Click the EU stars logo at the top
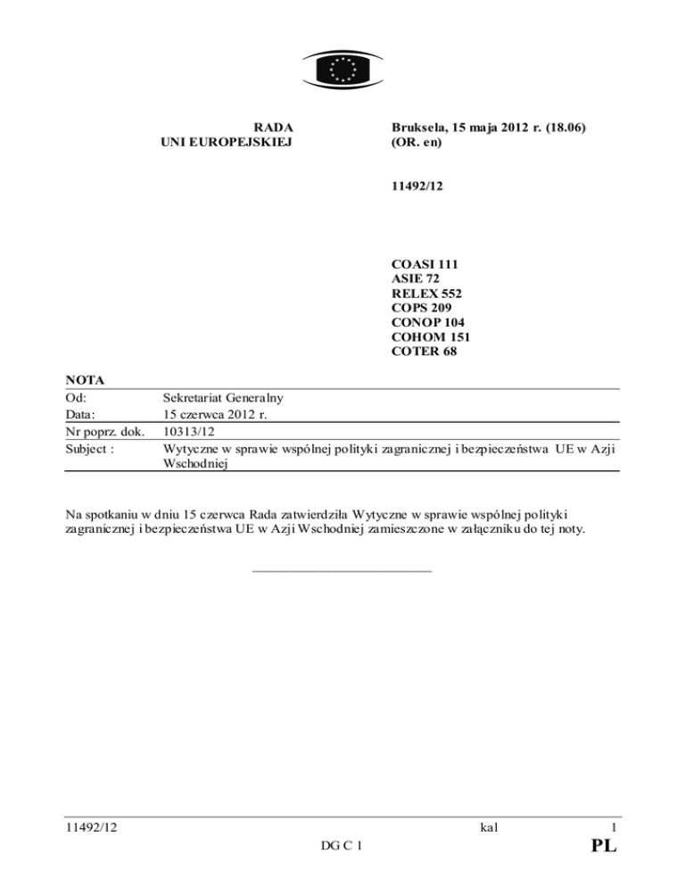click(342, 67)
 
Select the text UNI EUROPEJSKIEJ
click(227, 142)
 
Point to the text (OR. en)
click(417, 142)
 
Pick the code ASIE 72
click(417, 278)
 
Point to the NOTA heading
click(86, 380)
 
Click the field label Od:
click(78, 398)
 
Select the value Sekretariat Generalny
click(229, 398)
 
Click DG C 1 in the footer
click(342, 845)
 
